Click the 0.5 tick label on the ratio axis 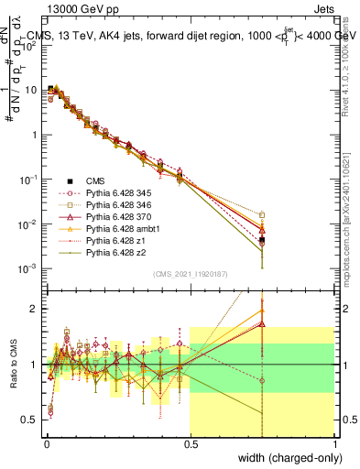(x=30, y=420)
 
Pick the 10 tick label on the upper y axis (x=31, y=90)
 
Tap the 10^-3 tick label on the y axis (x=27, y=268)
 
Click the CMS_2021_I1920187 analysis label (x=190, y=273)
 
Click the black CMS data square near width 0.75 (x=262, y=240)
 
